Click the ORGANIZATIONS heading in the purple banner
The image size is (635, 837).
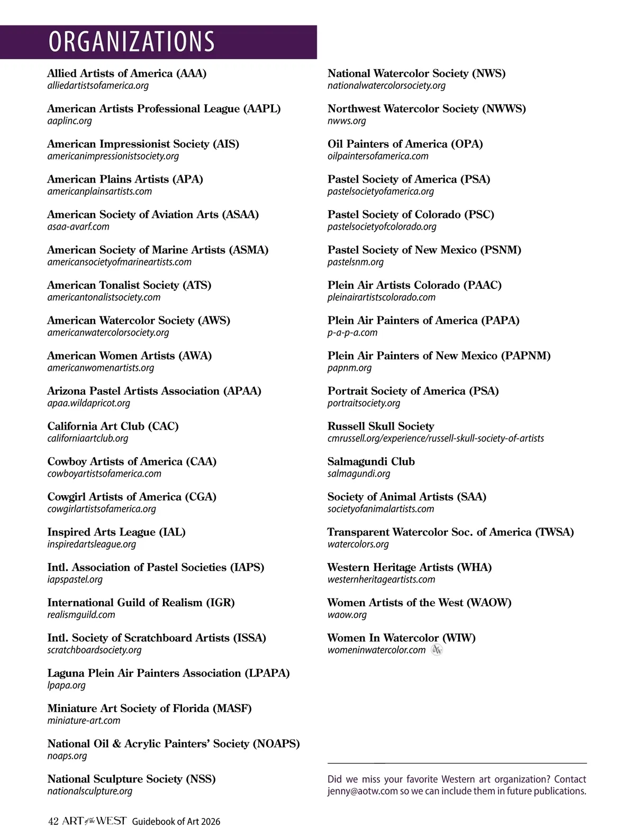coord(132,42)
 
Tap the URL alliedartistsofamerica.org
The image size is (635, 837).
coord(98,86)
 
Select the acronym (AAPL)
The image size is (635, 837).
coord(262,109)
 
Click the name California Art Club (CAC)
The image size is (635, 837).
coord(113,426)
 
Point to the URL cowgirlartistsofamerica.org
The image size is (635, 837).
coord(102,509)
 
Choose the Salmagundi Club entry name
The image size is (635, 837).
coord(371,462)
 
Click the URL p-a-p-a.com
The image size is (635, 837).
coord(352,333)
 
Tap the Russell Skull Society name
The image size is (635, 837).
coord(380,426)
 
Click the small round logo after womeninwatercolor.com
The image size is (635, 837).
coord(437,650)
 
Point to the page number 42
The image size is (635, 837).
coord(53,822)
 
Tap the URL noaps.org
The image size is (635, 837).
coord(67,756)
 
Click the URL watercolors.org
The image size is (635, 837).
coord(358,544)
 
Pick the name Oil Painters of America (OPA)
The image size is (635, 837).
coord(405,144)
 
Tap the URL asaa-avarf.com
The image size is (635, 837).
coord(78,227)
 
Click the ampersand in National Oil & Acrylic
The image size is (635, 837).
coord(116,744)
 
